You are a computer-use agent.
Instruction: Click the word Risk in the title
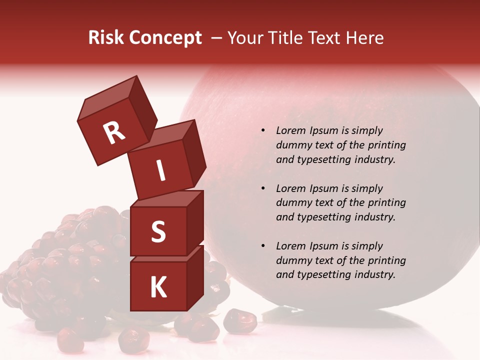pyautogui.click(x=105, y=38)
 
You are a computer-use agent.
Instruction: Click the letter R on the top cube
pyautogui.click(x=114, y=133)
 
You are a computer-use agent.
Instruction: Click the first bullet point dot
pyautogui.click(x=263, y=130)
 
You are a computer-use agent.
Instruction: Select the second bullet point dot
pyautogui.click(x=263, y=188)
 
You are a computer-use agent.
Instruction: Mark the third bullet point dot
pyautogui.click(x=263, y=246)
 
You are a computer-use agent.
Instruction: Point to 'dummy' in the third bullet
pyautogui.click(x=292, y=260)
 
